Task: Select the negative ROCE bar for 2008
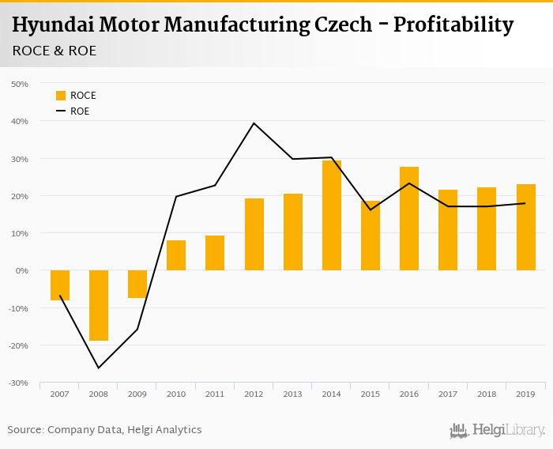99,305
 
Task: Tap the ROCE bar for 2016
408,218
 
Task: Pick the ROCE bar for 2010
176,255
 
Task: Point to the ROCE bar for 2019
525,227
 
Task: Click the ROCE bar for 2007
60,285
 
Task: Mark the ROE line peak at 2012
254,123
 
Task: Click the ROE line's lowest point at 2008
99,368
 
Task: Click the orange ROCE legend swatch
61,96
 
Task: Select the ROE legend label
80,111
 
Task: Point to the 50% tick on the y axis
19,84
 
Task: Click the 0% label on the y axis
21,270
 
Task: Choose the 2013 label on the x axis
292,393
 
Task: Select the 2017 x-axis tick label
447,393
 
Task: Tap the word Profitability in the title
453,25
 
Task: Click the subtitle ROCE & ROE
55,51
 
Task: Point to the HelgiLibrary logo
497,430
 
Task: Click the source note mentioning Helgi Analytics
104,430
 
